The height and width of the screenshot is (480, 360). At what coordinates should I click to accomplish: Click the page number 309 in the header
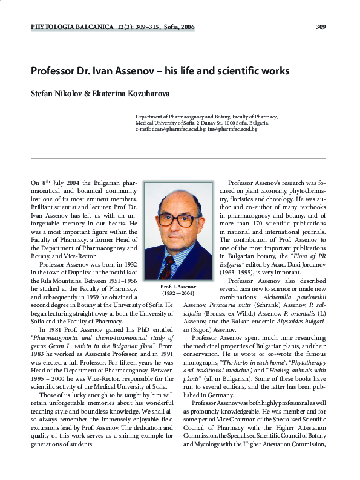(x=321, y=27)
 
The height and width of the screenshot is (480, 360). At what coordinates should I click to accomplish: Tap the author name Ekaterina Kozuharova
(x=137, y=94)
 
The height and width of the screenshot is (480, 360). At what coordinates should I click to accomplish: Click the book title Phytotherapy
(x=296, y=361)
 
